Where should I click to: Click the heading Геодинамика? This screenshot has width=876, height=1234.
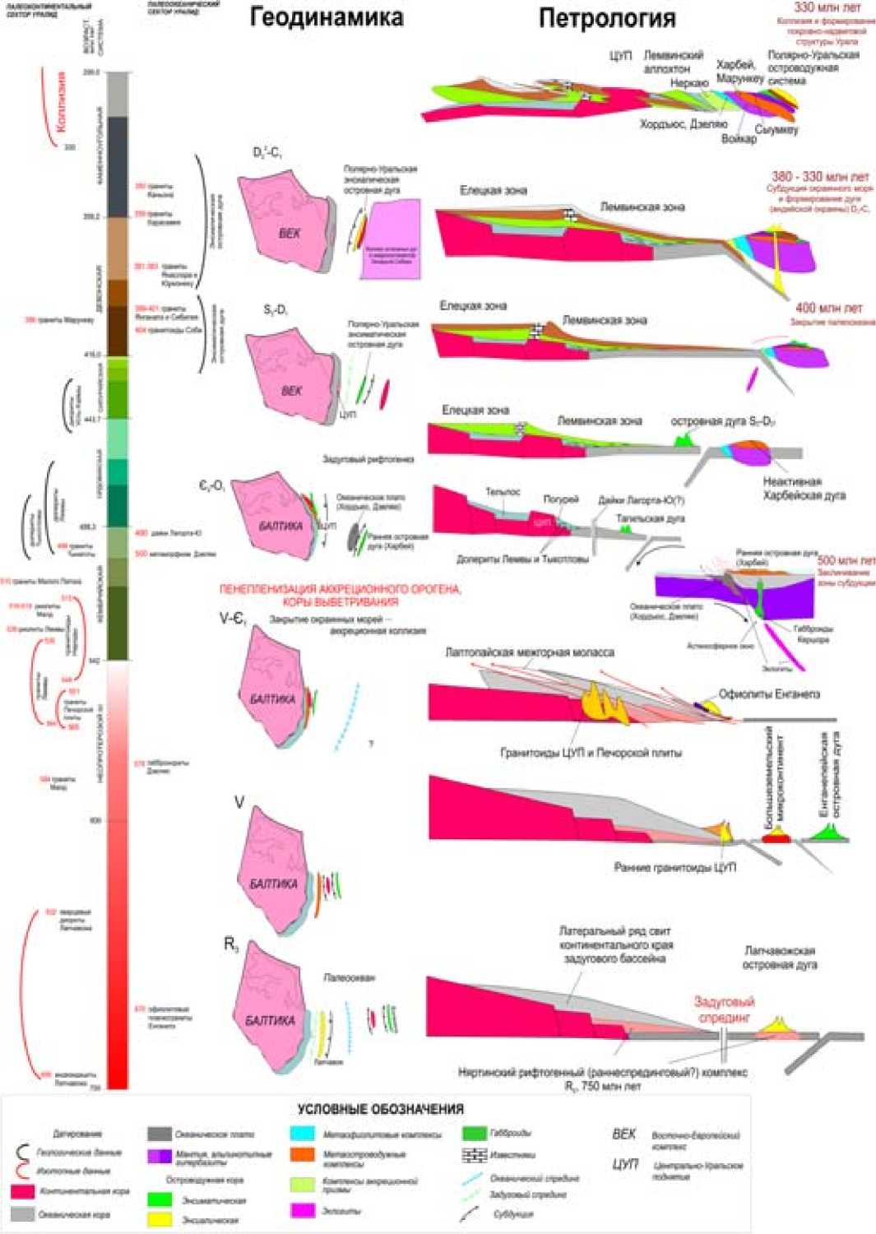pyautogui.click(x=327, y=18)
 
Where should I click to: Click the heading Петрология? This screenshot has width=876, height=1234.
pyautogui.click(x=607, y=18)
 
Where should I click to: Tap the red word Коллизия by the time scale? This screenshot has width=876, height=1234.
pyautogui.click(x=60, y=102)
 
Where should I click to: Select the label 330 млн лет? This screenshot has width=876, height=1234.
pyautogui.click(x=827, y=7)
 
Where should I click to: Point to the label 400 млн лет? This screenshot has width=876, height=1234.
pyautogui.click(x=828, y=308)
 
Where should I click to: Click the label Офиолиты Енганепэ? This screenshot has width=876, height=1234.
pyautogui.click(x=769, y=694)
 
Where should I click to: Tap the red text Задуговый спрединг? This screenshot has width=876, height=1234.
pyautogui.click(x=725, y=1009)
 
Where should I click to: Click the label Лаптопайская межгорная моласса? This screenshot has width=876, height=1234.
pyautogui.click(x=530, y=652)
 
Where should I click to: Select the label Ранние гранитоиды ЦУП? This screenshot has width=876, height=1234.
pyautogui.click(x=674, y=867)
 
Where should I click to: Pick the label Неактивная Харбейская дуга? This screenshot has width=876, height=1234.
pyautogui.click(x=804, y=489)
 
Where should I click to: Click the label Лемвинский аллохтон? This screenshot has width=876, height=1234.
pyautogui.click(x=673, y=63)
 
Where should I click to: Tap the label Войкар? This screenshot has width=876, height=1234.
pyautogui.click(x=738, y=139)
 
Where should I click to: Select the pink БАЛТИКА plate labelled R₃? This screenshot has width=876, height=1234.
pyautogui.click(x=271, y=1016)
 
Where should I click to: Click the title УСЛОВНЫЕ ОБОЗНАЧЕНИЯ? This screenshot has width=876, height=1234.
pyautogui.click(x=381, y=1109)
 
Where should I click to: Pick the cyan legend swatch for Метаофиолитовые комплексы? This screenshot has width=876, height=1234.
pyautogui.click(x=302, y=1134)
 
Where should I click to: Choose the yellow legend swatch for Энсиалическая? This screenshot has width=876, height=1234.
pyautogui.click(x=159, y=1219)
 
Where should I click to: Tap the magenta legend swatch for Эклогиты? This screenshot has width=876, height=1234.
pyautogui.click(x=302, y=1210)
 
